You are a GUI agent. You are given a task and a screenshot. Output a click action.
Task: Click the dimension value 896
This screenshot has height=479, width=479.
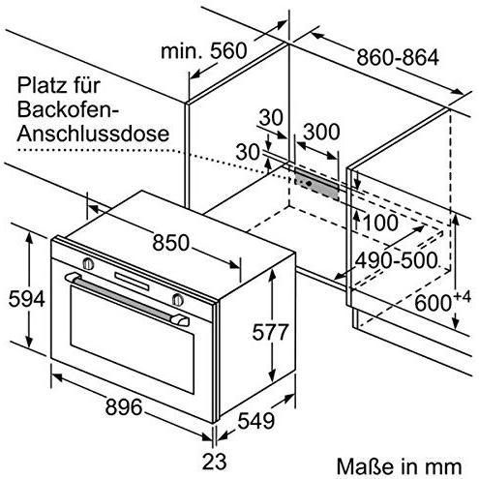124,406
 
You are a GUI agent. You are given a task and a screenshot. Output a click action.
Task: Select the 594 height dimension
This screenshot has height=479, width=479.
26,299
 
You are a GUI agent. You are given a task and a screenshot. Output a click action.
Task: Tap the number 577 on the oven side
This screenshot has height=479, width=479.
270,332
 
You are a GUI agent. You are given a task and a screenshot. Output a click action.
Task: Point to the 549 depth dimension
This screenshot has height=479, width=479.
256,421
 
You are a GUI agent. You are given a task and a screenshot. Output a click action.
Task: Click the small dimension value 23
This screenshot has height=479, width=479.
214,462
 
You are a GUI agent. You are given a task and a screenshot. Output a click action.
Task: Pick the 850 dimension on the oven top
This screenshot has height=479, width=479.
170,243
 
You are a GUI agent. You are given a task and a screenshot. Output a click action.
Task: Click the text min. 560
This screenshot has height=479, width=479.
204,51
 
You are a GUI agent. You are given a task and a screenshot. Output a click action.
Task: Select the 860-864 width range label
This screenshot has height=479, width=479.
398,57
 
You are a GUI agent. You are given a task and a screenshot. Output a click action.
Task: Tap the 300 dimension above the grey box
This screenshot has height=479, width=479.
321,132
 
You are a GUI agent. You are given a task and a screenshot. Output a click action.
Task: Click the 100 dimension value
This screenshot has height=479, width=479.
380,223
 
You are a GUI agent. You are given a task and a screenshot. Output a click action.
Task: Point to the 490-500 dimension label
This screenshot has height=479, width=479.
397,260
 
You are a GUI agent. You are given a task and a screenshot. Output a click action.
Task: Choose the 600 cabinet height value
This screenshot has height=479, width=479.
433,303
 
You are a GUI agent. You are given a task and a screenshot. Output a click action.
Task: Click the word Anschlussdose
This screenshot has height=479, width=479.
93,134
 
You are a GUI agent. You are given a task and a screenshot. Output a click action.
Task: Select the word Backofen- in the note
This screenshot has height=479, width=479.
68,109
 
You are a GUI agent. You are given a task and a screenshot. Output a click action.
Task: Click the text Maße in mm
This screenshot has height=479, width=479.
400,466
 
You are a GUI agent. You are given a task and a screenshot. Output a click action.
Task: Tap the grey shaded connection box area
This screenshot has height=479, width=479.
316,184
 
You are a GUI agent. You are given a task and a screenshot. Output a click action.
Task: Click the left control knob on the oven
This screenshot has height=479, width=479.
88,263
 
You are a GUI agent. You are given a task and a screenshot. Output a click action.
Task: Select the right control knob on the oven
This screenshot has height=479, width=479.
177,300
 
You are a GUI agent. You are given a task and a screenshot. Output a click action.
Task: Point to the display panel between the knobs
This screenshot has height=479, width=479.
133,282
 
